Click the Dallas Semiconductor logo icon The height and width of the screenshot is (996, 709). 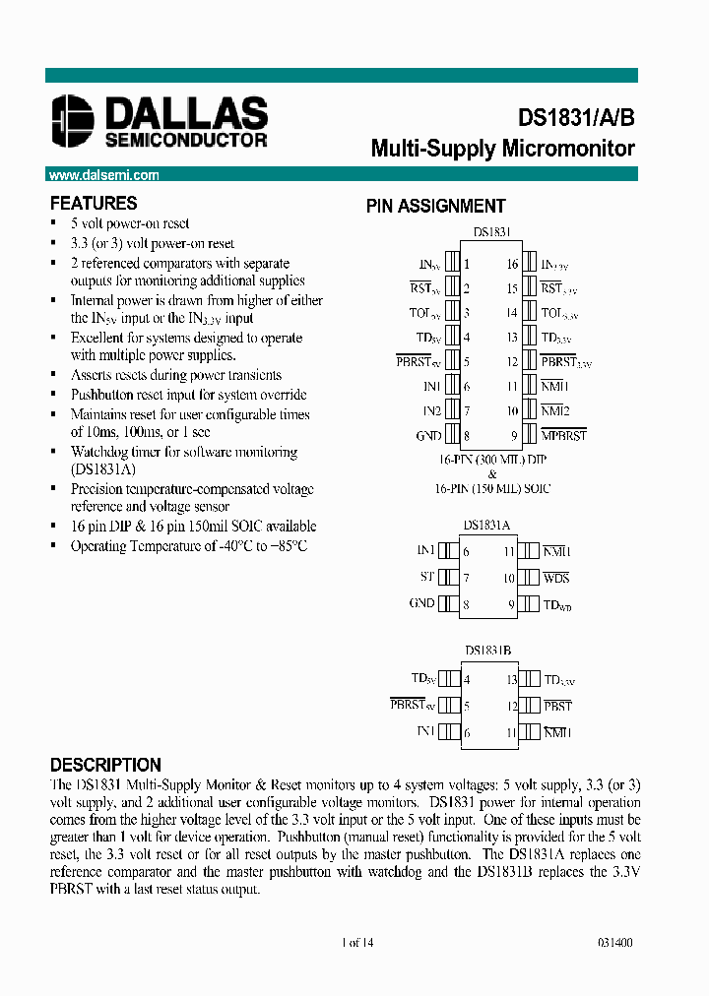(x=74, y=121)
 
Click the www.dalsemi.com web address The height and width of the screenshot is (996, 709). (x=103, y=175)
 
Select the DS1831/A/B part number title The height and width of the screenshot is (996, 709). (x=576, y=117)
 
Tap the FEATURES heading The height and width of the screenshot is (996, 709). (x=94, y=204)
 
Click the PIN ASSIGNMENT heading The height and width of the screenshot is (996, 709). (x=435, y=207)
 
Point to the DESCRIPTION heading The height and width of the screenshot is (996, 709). (x=105, y=765)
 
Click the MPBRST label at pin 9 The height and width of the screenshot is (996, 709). (x=564, y=435)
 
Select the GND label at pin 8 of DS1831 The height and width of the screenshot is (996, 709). (x=428, y=435)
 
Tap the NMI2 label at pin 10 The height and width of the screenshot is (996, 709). (x=555, y=410)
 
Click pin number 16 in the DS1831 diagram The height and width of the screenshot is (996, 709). (x=512, y=264)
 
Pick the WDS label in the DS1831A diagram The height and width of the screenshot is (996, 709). (x=555, y=578)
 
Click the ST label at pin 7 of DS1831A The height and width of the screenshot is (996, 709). (x=427, y=578)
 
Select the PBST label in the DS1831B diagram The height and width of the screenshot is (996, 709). (x=556, y=707)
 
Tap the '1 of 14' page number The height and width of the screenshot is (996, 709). (x=356, y=942)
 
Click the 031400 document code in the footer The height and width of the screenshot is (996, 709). (x=614, y=942)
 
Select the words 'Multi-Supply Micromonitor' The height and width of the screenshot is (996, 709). (x=502, y=150)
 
